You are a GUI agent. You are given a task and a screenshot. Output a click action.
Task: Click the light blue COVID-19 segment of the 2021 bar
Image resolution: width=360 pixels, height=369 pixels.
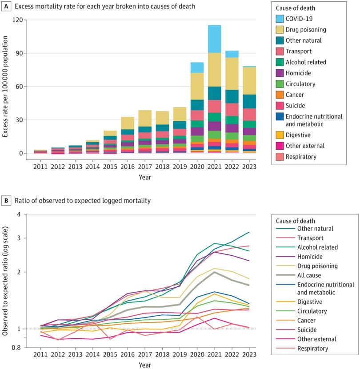click(x=215, y=39)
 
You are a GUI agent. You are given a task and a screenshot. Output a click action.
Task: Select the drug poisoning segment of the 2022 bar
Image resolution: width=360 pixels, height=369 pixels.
click(x=232, y=74)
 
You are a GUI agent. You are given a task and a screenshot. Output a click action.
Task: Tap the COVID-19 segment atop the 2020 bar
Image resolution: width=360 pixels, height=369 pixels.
click(x=197, y=67)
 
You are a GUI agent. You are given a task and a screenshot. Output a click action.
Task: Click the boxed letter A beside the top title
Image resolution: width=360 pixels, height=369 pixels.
click(x=7, y=7)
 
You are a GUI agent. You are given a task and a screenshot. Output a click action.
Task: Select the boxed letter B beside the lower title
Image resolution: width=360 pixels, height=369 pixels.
click(x=7, y=201)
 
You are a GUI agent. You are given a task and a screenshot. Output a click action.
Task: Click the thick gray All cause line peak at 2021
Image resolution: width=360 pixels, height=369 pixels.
click(x=215, y=272)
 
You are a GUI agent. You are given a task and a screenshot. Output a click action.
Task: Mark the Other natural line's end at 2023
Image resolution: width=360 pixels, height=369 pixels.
click(x=249, y=232)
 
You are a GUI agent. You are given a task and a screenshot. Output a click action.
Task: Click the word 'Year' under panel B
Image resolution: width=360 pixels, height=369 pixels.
click(x=145, y=365)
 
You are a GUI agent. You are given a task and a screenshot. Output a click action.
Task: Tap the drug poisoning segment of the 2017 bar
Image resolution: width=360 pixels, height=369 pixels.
click(x=145, y=119)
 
